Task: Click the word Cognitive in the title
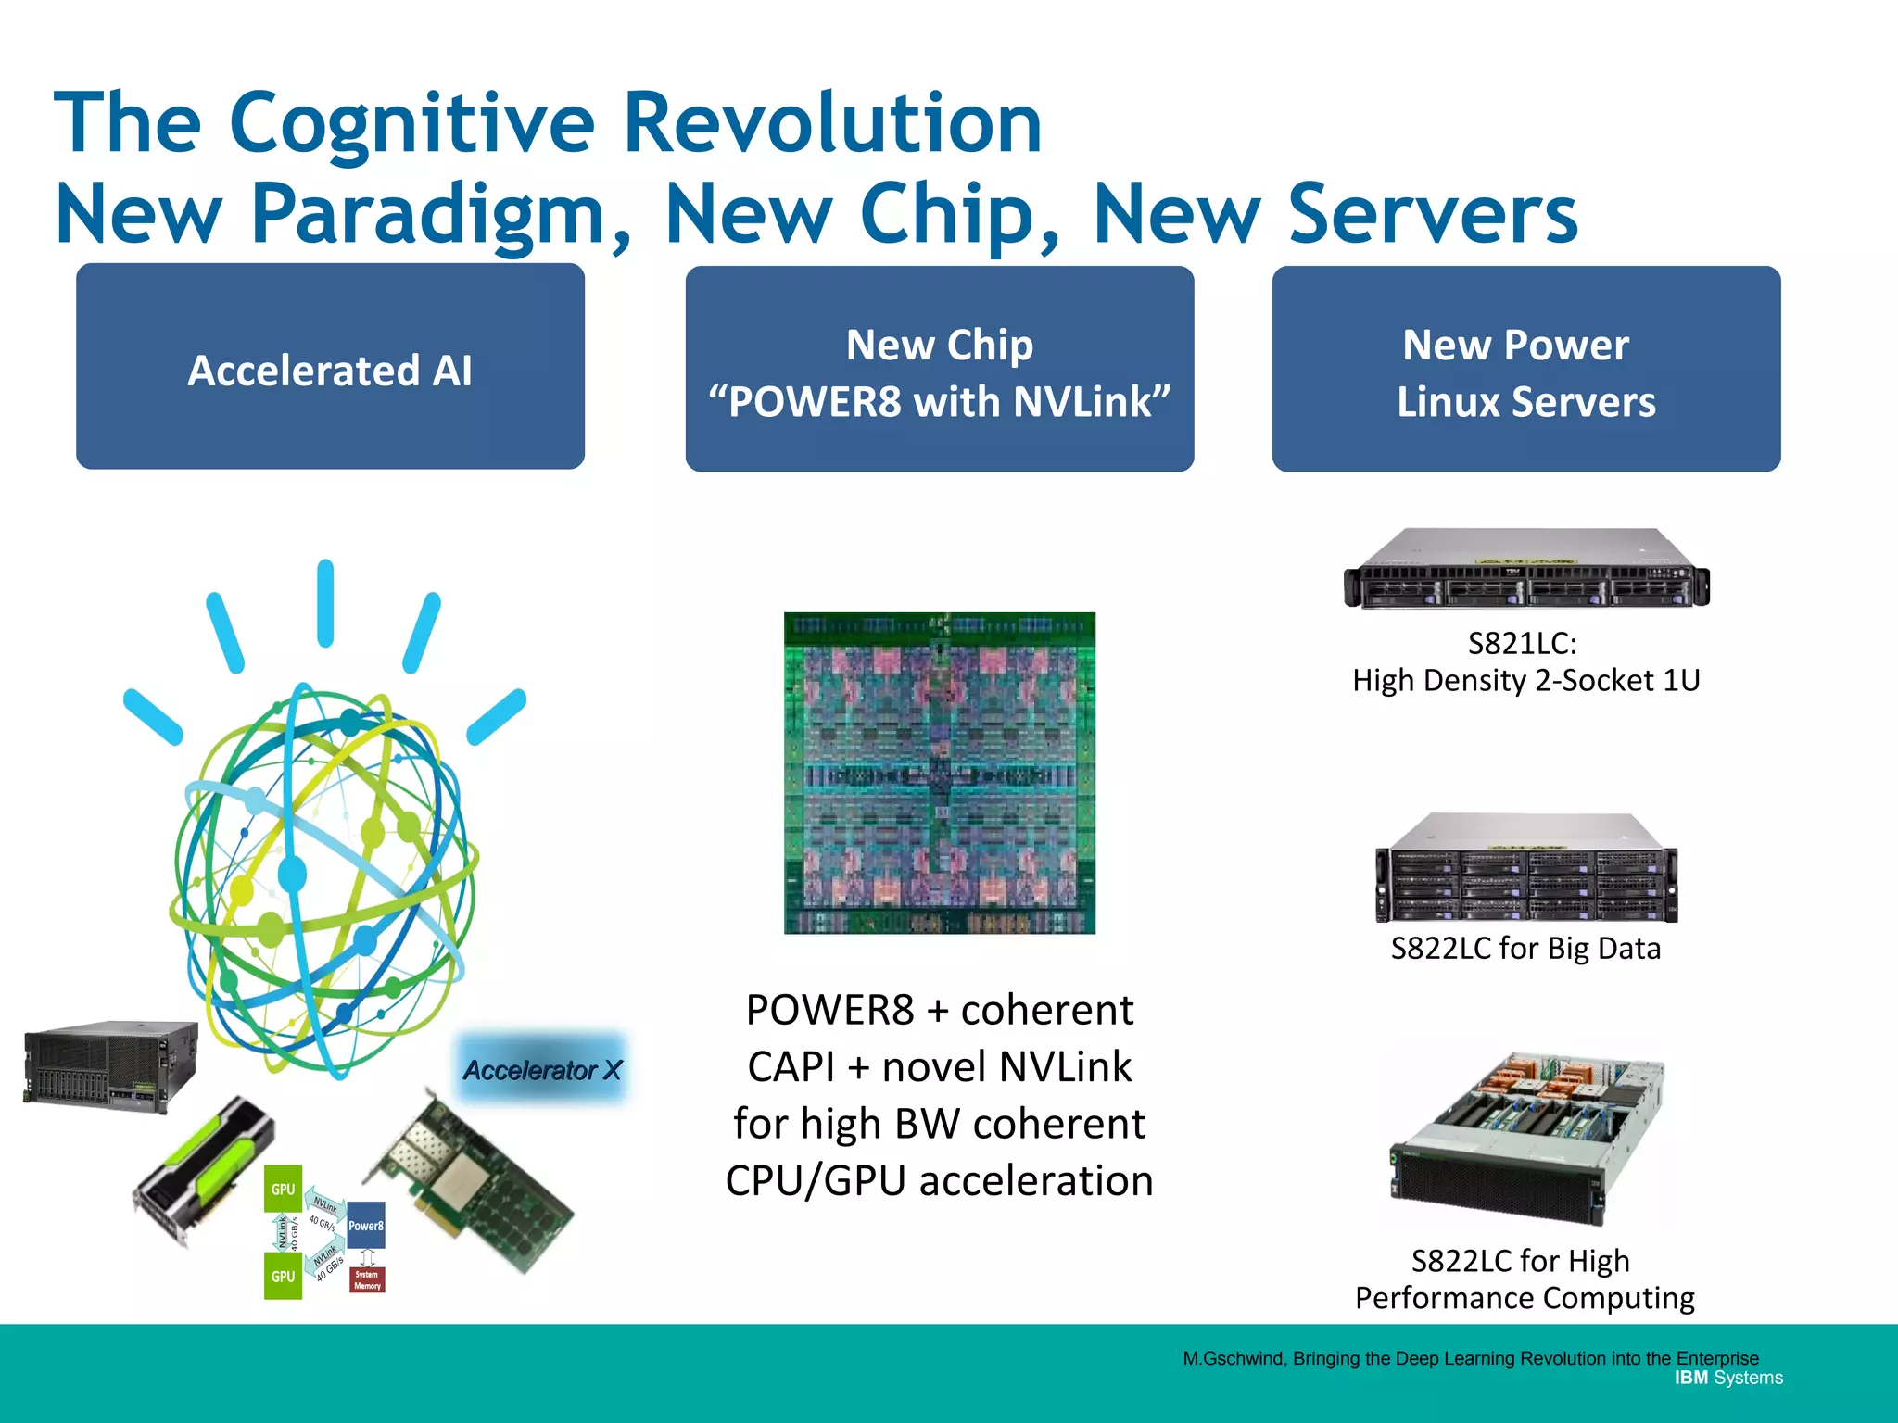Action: [x=411, y=125]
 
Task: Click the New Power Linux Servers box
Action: [x=1525, y=369]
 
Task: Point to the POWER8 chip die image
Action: [x=939, y=773]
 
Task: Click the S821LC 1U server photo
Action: [x=1525, y=569]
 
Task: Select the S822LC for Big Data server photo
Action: [x=1525, y=869]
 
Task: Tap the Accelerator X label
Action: [x=542, y=1070]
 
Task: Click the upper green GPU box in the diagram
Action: [x=283, y=1189]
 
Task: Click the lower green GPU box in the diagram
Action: [x=283, y=1276]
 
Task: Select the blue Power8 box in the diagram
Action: [x=365, y=1226]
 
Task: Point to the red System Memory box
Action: [x=367, y=1279]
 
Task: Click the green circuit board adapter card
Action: [x=473, y=1186]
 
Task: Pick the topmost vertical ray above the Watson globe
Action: [x=325, y=602]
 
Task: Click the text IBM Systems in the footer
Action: [x=1727, y=1378]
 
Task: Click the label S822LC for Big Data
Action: [x=1525, y=949]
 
